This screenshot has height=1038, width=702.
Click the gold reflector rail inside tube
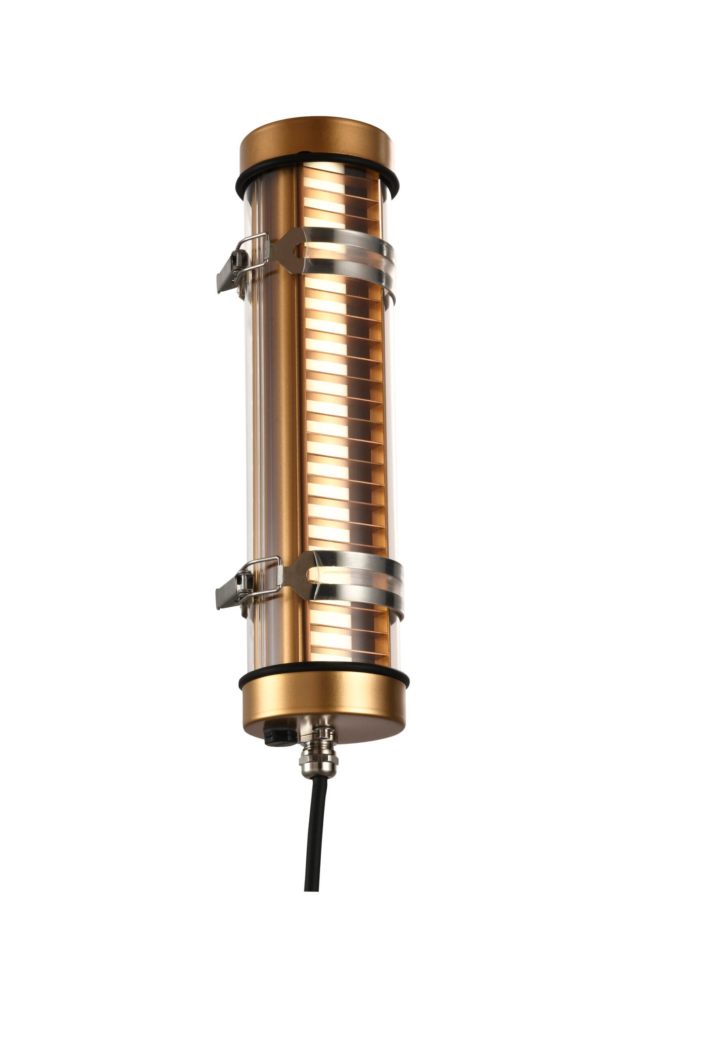coord(279,402)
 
